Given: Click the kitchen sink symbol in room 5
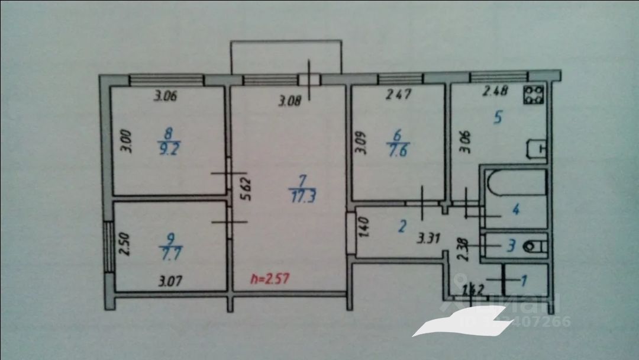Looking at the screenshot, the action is click(537, 149).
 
